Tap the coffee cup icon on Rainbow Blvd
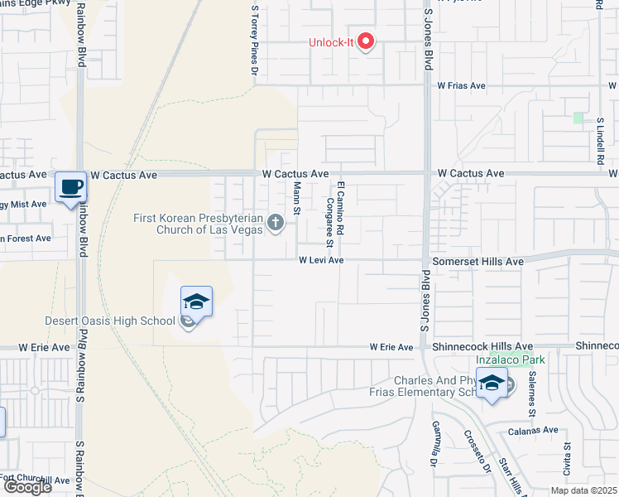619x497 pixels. (x=70, y=186)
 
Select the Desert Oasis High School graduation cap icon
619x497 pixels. (x=196, y=302)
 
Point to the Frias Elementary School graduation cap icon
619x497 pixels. (x=492, y=384)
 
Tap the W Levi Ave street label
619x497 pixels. (x=321, y=260)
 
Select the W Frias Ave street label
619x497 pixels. (x=462, y=85)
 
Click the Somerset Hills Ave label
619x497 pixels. (x=478, y=261)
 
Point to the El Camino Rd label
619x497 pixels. (x=340, y=206)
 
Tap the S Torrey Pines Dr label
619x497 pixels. (x=254, y=40)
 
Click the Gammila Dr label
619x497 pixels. (x=432, y=444)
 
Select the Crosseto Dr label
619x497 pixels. (x=477, y=454)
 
